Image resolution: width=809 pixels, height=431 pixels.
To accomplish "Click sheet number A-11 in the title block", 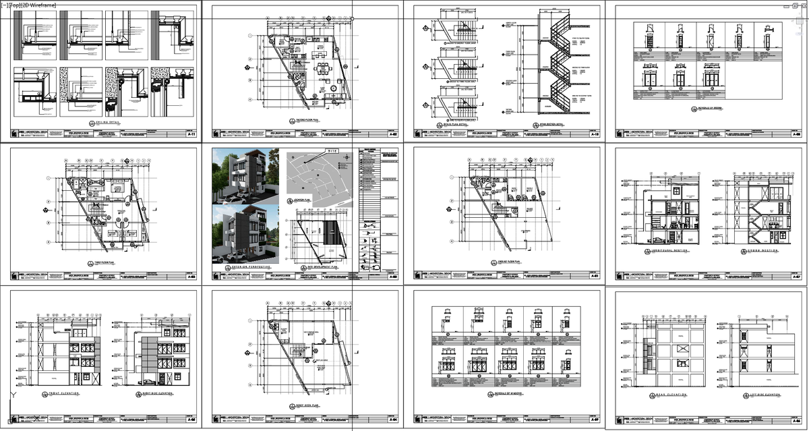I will click(x=191, y=135).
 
